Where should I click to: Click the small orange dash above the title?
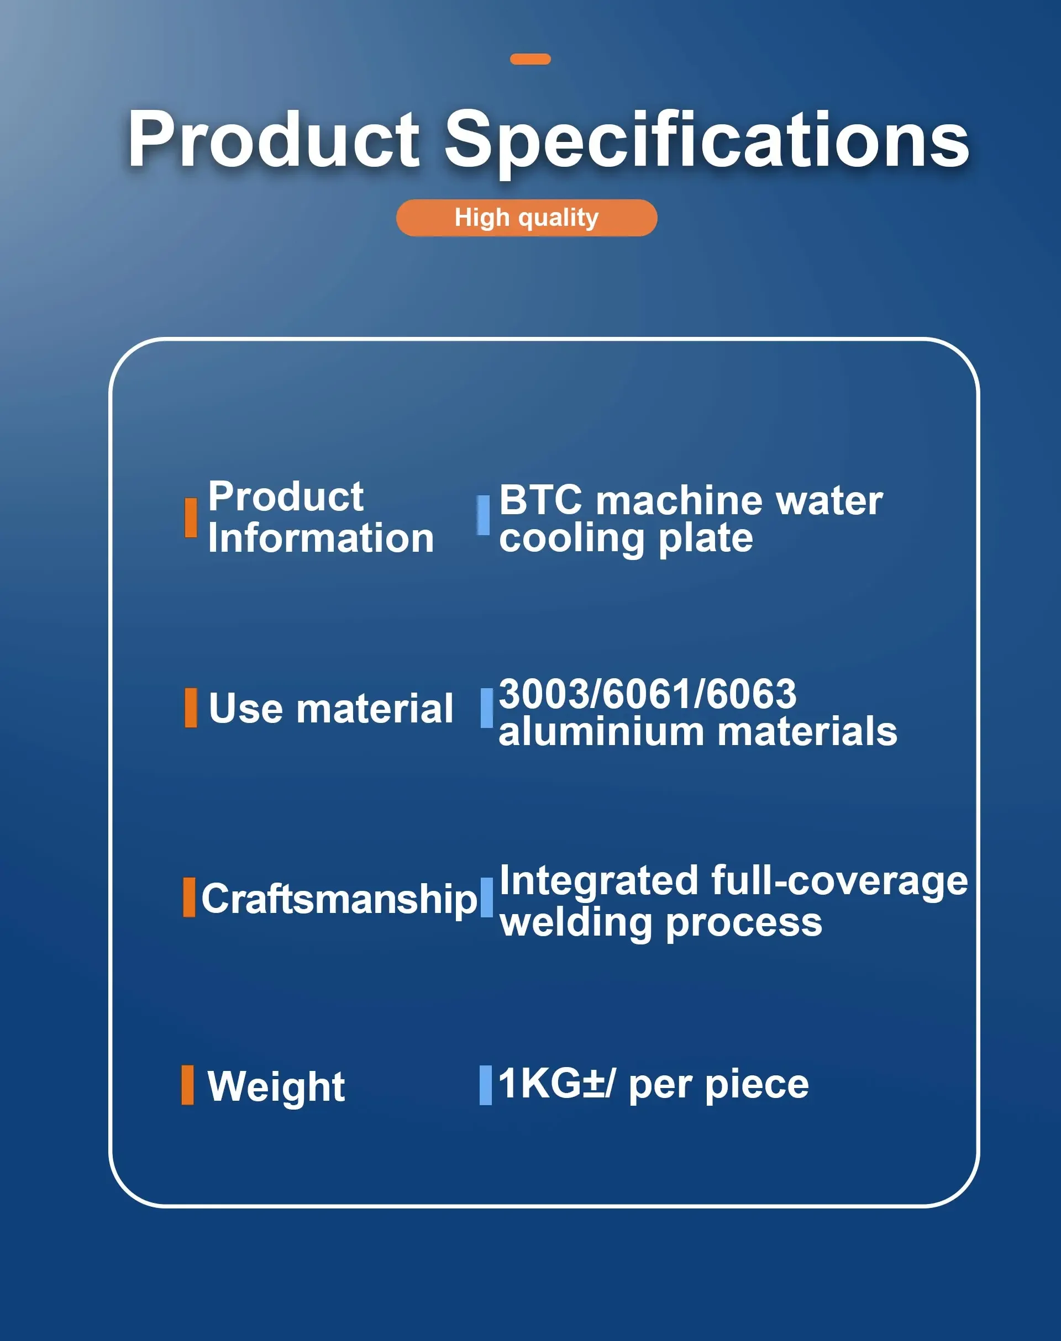[x=530, y=59]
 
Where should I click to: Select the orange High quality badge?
[x=527, y=218]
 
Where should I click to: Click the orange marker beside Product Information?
[x=191, y=517]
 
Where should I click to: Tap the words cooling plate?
[x=626, y=539]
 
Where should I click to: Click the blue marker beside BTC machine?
[x=484, y=515]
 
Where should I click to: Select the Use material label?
[x=330, y=709]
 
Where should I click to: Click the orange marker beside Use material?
[x=191, y=707]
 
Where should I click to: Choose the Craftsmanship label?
[x=339, y=899]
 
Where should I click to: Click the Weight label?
[x=276, y=1087]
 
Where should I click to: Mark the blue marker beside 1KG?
[x=485, y=1085]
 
